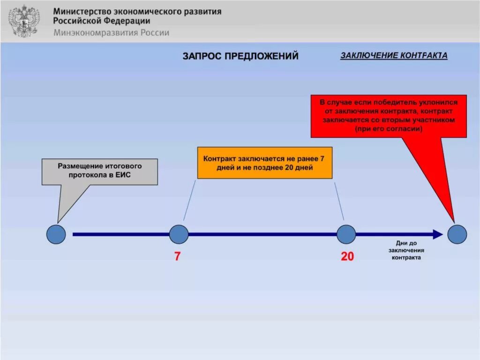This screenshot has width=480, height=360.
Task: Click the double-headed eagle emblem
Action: pos(24,21)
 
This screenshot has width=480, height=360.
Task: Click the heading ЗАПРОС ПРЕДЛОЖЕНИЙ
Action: pos(240,56)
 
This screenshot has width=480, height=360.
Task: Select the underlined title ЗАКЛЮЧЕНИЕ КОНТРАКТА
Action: pos(394,56)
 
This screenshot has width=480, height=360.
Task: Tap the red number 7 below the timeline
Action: pos(177,257)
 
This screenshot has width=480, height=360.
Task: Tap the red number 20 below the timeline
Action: pos(347,257)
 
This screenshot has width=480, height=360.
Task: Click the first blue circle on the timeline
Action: pos(56,234)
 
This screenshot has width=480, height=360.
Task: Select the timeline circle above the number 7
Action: pos(179,234)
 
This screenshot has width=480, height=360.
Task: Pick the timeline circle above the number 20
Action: pos(346,234)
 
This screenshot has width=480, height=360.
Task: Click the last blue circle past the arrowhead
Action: pos(457,234)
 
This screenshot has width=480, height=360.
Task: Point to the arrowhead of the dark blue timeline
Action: pos(438,234)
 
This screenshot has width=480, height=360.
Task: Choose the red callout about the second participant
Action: pos(389,116)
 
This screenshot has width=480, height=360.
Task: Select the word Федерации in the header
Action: pos(128,21)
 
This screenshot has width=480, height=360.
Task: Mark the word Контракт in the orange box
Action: pos(220,158)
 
